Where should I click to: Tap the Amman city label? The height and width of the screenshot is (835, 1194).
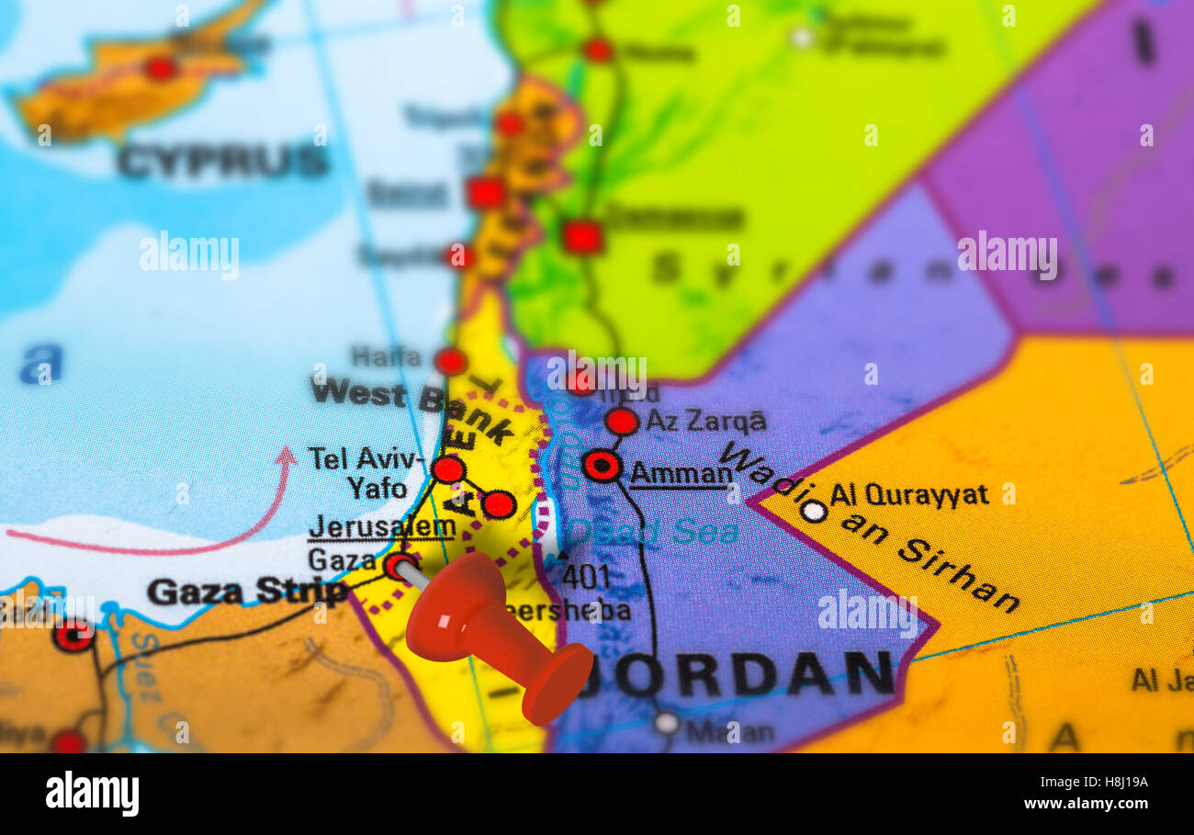pos(681,474)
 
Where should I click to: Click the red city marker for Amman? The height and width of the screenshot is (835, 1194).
pos(602,466)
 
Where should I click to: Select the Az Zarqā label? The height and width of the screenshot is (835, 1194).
pos(705,422)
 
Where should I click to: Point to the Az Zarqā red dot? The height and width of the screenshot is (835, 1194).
pos(622,422)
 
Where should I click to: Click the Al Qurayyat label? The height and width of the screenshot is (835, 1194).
pos(908,495)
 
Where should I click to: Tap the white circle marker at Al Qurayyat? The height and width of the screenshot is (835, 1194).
pos(813,511)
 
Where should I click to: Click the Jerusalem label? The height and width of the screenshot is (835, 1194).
pos(382,527)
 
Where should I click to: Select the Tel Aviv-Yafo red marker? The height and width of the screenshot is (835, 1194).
pos(448,469)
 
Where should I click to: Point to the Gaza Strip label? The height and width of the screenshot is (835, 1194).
pos(247,592)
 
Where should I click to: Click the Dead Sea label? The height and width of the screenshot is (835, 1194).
pos(653,532)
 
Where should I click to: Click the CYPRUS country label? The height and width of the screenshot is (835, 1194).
pos(222,161)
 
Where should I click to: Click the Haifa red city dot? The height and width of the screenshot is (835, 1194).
pos(450,361)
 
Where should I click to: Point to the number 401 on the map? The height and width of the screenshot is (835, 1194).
pos(585,577)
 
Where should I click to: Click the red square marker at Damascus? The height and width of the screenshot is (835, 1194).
pos(582,237)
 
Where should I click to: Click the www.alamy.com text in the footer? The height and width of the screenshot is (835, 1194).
pos(1086,804)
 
